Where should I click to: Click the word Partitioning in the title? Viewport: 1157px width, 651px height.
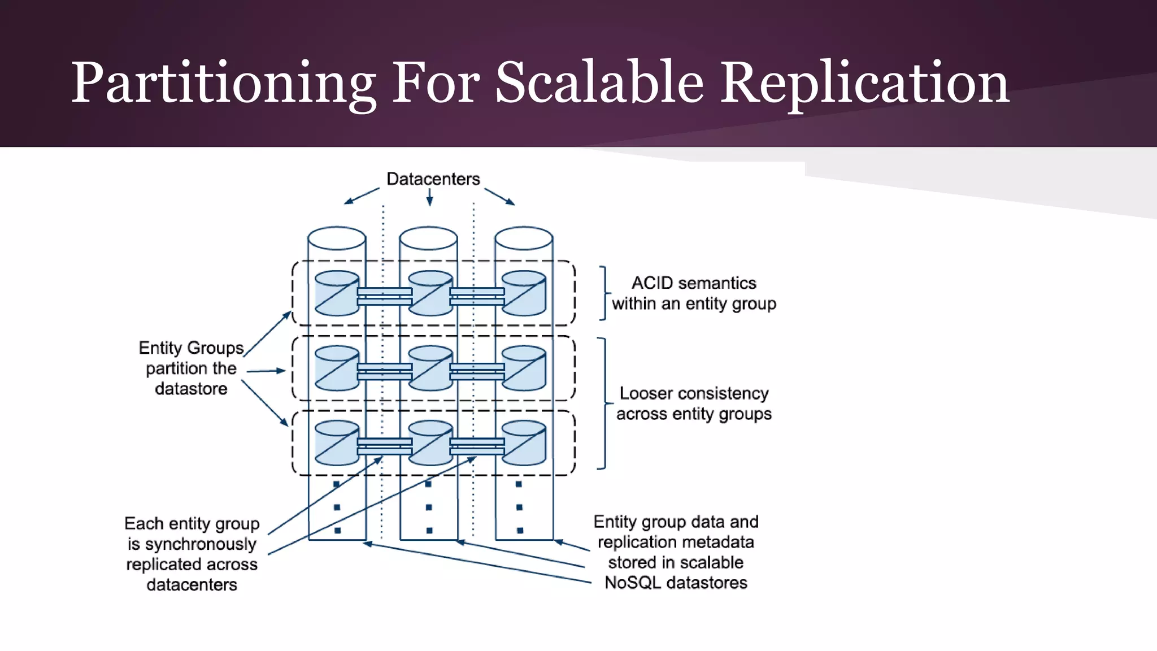(x=223, y=83)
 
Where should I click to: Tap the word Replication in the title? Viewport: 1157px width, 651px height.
(x=864, y=83)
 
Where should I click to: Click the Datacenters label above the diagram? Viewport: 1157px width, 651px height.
(x=433, y=179)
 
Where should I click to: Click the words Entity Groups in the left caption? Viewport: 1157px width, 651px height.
(x=191, y=348)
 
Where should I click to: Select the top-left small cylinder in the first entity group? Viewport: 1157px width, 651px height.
(x=337, y=293)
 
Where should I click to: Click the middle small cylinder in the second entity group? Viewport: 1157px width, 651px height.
(x=430, y=368)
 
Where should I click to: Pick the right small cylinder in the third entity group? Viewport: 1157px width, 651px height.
(x=524, y=443)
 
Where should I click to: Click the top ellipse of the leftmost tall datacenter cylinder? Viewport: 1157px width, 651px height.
(x=337, y=238)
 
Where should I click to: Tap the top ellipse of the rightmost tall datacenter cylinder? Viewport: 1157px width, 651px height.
(x=524, y=238)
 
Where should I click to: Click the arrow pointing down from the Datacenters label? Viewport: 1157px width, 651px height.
(x=429, y=197)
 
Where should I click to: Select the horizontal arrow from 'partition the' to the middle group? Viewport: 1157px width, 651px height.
(x=266, y=371)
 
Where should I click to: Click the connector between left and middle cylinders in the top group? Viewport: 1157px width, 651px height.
(x=384, y=296)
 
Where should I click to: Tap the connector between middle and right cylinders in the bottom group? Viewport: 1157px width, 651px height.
(x=477, y=446)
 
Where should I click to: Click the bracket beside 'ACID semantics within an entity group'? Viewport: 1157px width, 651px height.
(x=604, y=293)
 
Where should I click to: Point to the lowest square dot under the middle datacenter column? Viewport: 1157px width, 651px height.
(x=429, y=531)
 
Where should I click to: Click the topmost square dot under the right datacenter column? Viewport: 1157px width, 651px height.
(x=519, y=484)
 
